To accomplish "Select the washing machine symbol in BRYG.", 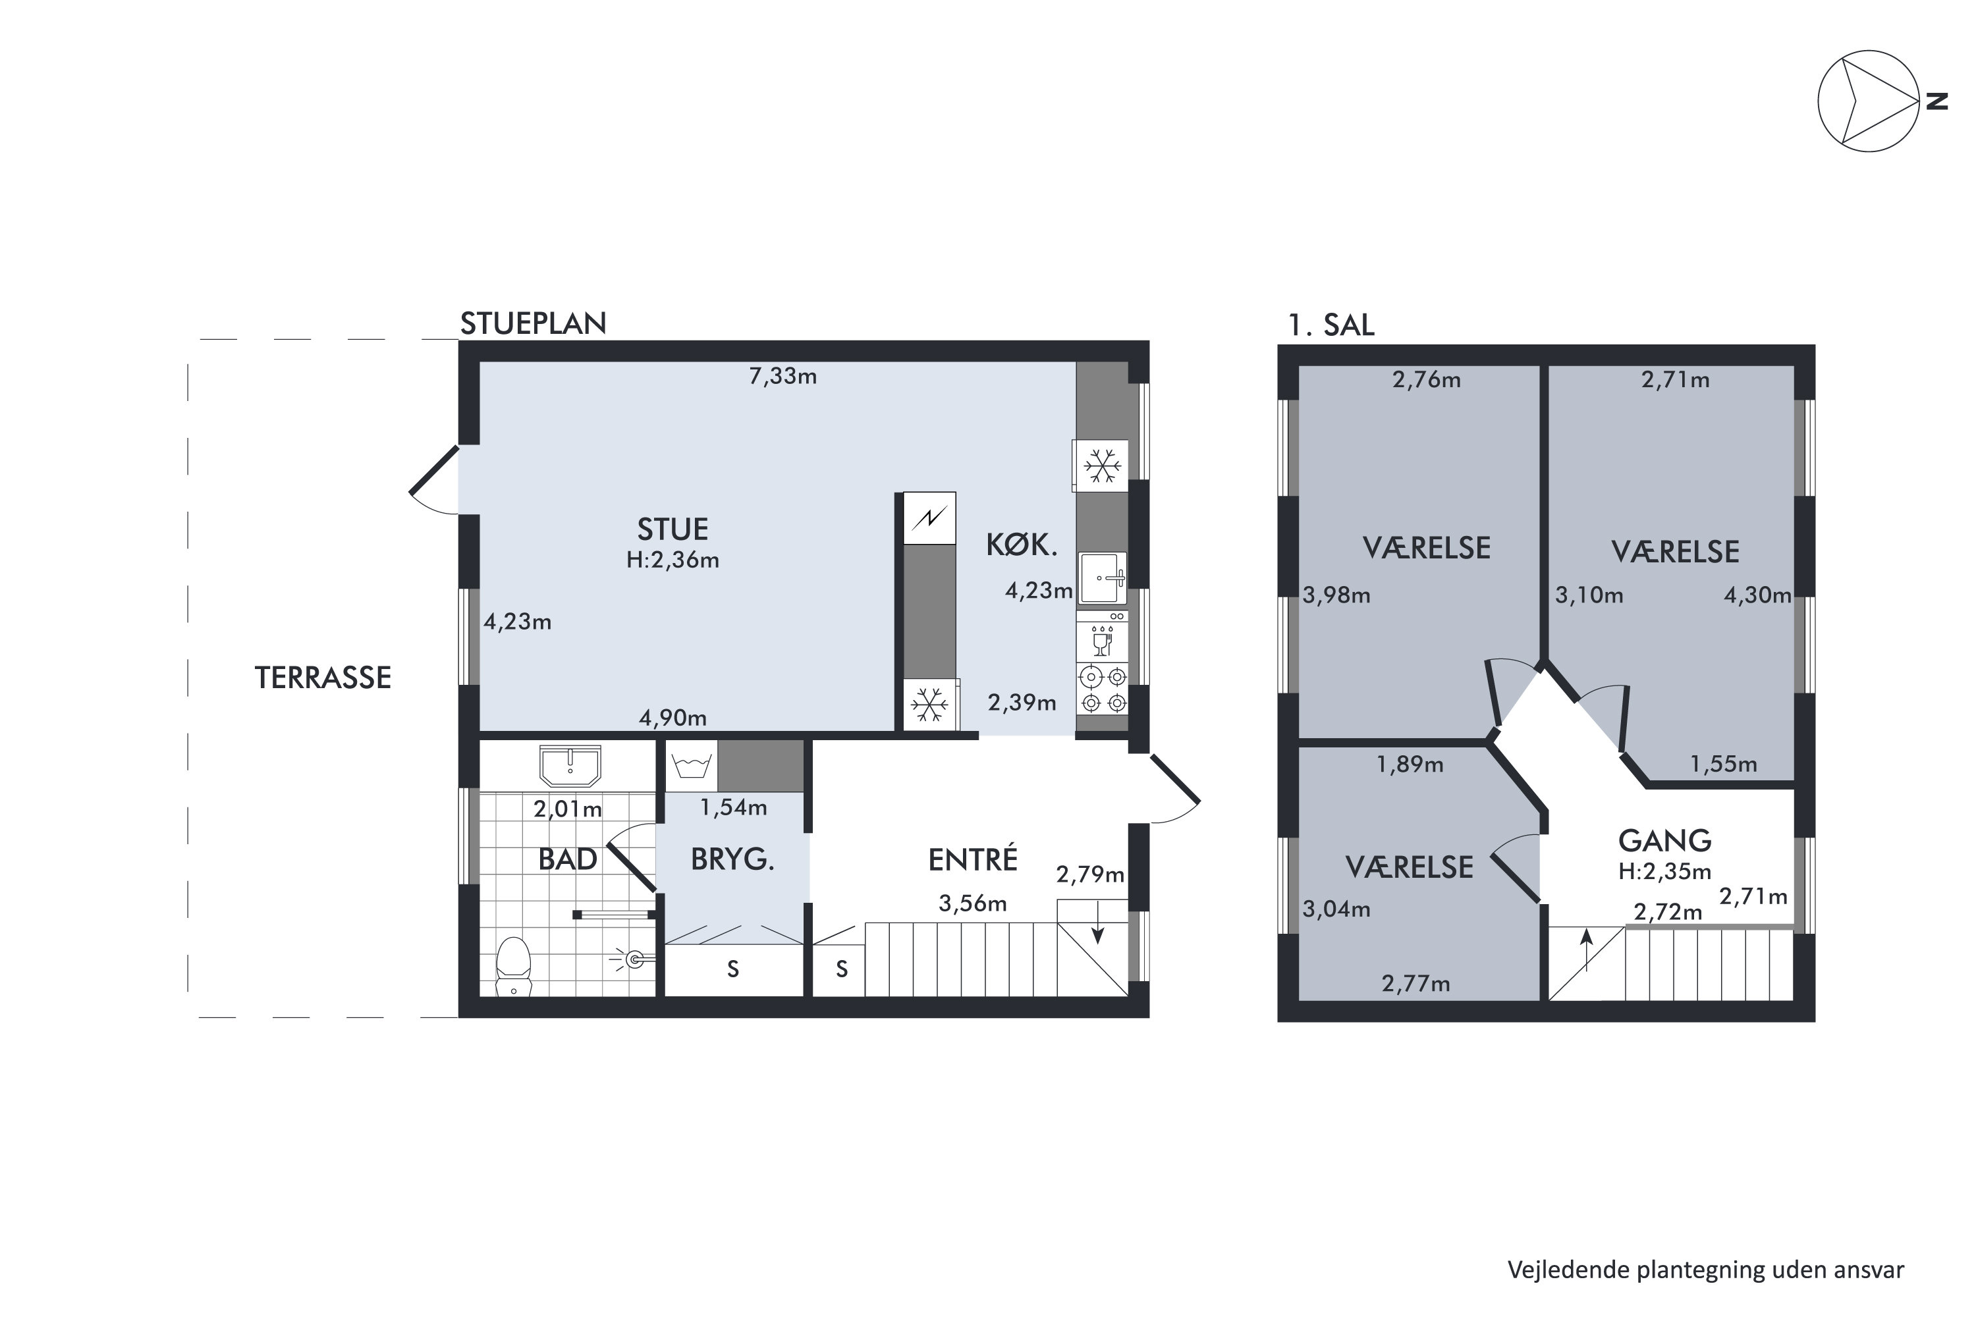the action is coord(692,766).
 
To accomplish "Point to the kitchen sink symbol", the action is coord(1102,578).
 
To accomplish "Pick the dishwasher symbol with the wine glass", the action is coord(1102,635).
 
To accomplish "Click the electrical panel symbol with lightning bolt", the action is coord(929,518).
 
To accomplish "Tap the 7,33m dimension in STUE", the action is coord(783,376).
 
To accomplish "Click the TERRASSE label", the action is coord(323,678).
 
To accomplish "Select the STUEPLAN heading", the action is coord(534,323).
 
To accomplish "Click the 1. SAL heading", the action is coord(1332,325).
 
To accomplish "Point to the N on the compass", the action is coord(1936,101).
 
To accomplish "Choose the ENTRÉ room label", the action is coord(973,859).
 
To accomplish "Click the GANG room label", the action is coord(1665,841).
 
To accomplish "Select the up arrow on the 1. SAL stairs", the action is coord(1586,950).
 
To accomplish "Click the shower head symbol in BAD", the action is coord(632,958).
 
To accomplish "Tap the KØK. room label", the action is coord(1022,545).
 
